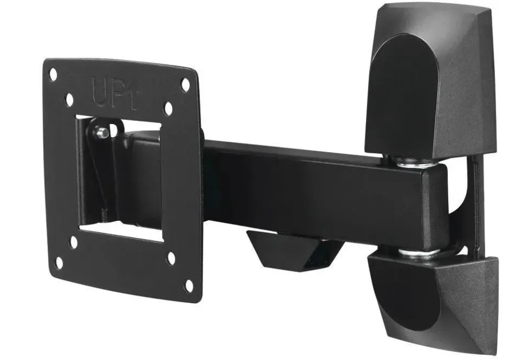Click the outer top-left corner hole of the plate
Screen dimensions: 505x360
click(x=53, y=75)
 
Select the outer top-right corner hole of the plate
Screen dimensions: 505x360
click(x=185, y=85)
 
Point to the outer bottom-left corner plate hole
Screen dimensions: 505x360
click(x=59, y=263)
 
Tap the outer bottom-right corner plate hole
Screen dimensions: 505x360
click(x=189, y=286)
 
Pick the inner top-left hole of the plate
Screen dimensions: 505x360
click(x=70, y=100)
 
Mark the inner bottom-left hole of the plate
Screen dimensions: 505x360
click(x=74, y=242)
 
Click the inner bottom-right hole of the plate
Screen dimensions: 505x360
click(x=171, y=258)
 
